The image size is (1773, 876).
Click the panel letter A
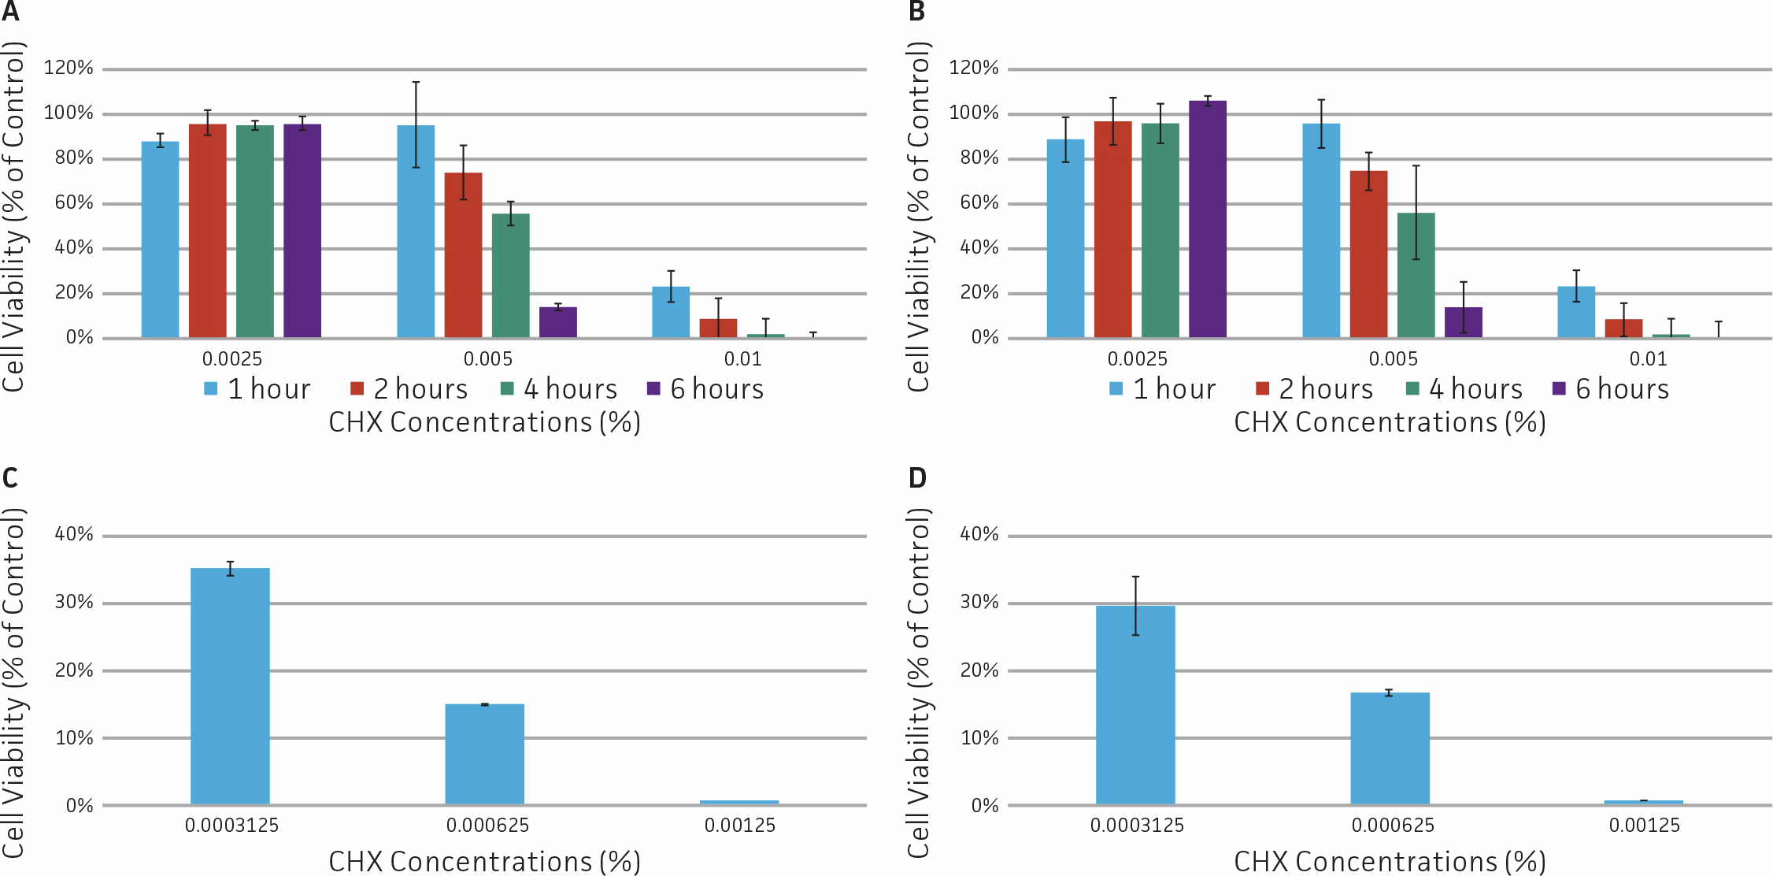10,12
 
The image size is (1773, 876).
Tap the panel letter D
917,477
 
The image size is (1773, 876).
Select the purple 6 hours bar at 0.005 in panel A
557,322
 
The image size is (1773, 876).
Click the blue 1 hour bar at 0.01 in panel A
671,312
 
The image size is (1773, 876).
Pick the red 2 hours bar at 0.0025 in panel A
207,231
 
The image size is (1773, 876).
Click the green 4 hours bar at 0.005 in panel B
1416,275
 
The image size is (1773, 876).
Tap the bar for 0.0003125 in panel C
230,685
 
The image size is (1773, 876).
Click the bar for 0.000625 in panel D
1390,748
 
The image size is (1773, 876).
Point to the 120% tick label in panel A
68,68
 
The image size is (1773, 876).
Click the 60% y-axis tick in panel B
979,202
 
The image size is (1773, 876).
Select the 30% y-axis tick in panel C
74,602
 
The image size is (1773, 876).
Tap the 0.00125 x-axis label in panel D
1644,825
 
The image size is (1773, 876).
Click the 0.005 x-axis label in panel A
487,358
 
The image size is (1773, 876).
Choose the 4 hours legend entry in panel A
559,388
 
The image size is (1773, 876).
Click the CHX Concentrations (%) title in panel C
484,860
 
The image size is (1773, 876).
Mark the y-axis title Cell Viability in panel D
918,682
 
